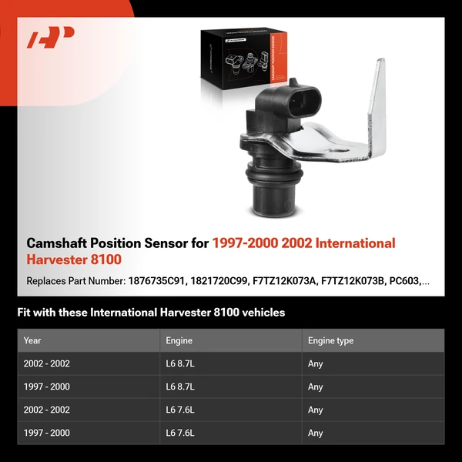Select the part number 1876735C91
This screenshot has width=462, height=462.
pyautogui.click(x=158, y=282)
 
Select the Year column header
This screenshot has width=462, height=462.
pyautogui.click(x=32, y=340)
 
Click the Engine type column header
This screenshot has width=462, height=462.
pyautogui.click(x=330, y=340)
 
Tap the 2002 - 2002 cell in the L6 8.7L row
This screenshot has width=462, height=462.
pyautogui.click(x=47, y=363)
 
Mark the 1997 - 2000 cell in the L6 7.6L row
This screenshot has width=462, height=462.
pyautogui.click(x=47, y=433)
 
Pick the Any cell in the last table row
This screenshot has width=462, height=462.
pyautogui.click(x=315, y=433)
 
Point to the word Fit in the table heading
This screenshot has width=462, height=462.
pyautogui.click(x=25, y=313)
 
